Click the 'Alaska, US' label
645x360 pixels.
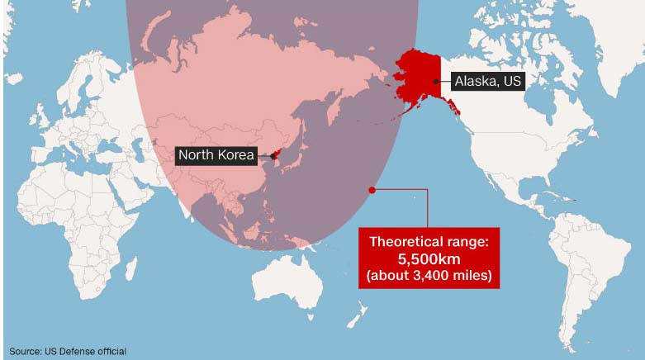[x=487, y=81]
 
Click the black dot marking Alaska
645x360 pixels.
[x=436, y=81]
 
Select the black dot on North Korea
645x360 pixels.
[x=273, y=155]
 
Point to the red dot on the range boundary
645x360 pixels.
[x=372, y=190]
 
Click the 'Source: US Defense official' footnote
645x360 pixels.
[x=67, y=352]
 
